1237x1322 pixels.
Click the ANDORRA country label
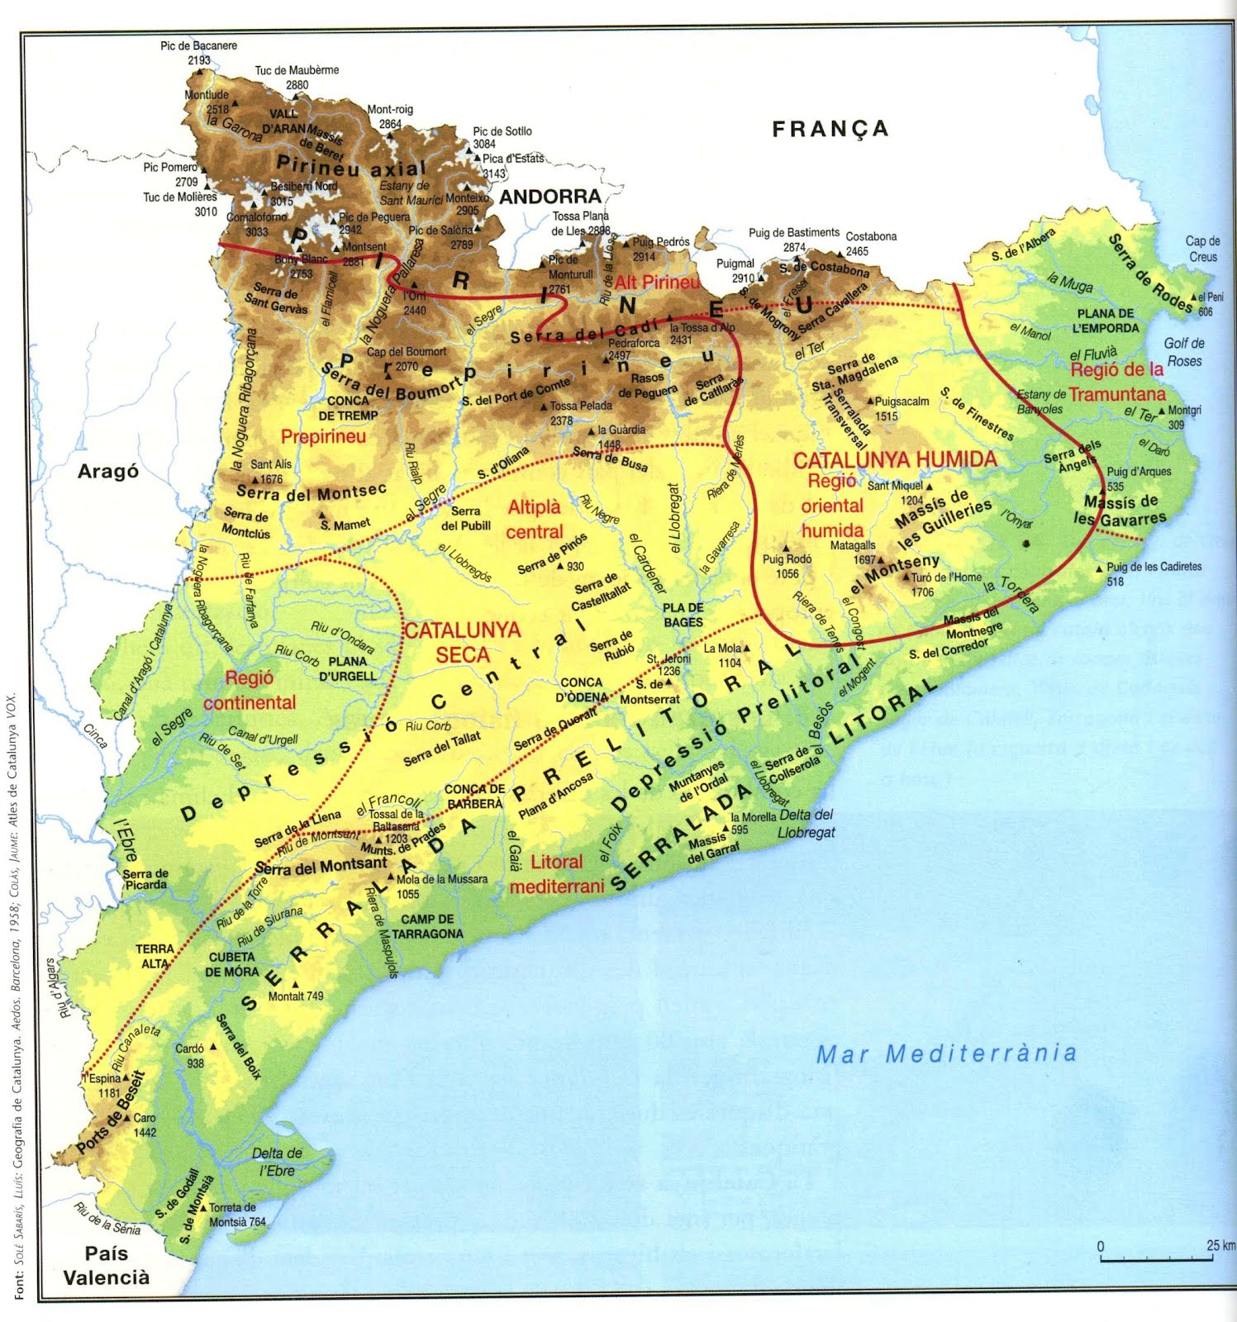[x=550, y=197]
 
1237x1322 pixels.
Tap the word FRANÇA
[x=830, y=129]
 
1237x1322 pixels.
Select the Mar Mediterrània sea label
[x=946, y=1053]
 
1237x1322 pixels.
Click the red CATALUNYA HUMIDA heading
[x=894, y=460]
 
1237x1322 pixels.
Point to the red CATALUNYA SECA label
[x=462, y=642]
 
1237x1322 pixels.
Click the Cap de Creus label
[x=1202, y=248]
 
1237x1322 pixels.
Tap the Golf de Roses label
[x=1184, y=352]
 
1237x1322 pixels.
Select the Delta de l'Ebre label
[x=277, y=1161]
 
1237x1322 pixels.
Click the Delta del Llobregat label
[x=806, y=824]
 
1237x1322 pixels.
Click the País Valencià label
[x=107, y=1265]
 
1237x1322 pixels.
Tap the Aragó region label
[x=107, y=472]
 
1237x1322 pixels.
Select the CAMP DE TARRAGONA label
[x=427, y=926]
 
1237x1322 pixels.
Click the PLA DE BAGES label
[x=683, y=615]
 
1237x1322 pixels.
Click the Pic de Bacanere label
[x=198, y=46]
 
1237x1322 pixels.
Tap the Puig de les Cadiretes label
[x=1154, y=568]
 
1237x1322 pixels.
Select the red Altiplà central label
[x=534, y=520]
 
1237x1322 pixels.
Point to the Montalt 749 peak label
[x=296, y=996]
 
